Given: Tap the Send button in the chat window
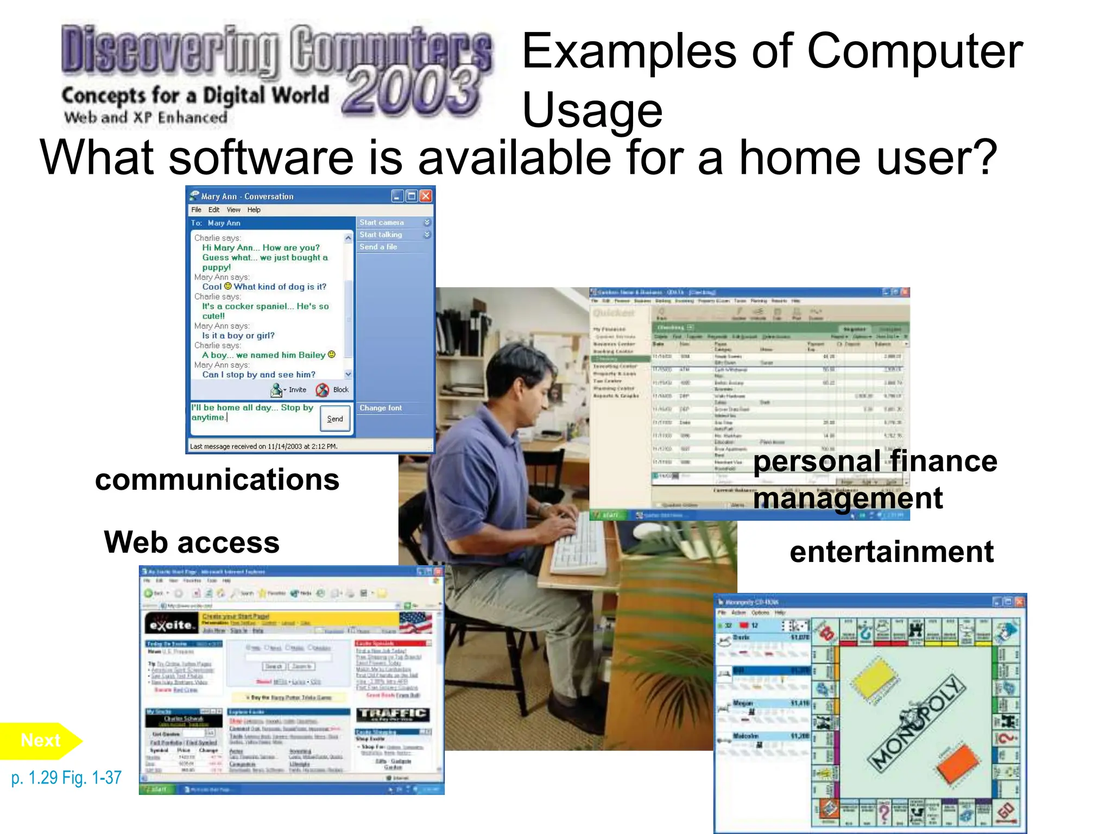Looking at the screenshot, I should (x=335, y=419).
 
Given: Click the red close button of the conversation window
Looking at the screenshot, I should (x=426, y=196).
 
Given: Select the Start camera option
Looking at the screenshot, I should (x=382, y=223).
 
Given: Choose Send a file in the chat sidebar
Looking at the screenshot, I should (x=378, y=247).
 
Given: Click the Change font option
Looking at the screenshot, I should (x=381, y=408).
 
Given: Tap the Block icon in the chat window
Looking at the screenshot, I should (x=323, y=390).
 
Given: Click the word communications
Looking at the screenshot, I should (x=217, y=480).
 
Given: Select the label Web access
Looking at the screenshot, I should (x=192, y=542).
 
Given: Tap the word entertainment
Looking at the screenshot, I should (x=892, y=552).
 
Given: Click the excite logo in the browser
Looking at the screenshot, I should (x=171, y=624).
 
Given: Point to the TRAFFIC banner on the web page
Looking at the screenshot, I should (x=393, y=714).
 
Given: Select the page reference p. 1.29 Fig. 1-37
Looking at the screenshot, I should (x=66, y=778).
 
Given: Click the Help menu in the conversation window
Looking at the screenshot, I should (x=254, y=210).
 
